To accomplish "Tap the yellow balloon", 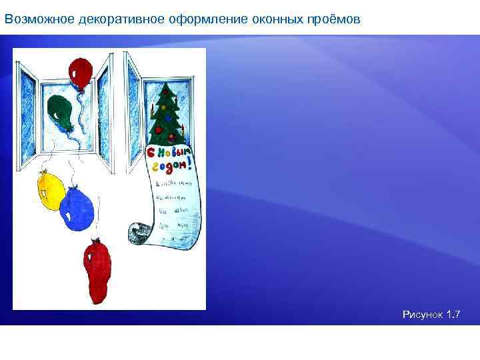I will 50,191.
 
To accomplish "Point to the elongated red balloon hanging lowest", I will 97,269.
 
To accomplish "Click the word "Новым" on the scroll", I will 177,153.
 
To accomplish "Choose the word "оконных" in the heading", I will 274,19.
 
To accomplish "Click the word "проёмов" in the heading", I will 335,19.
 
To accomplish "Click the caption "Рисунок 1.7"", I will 431,314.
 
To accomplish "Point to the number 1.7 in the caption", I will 453,314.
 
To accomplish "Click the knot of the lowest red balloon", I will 98,240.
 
